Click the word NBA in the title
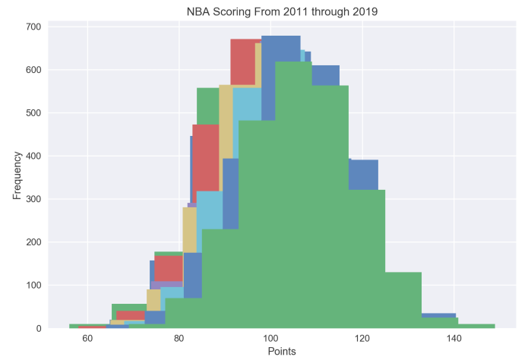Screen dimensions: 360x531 [199, 11]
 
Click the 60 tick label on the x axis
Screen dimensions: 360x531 [87, 338]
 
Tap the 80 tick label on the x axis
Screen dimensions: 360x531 [179, 338]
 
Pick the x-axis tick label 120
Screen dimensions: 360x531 [362, 338]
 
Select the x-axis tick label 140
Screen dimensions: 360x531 [454, 338]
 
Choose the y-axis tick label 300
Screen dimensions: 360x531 [33, 199]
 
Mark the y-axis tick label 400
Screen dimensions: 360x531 [33, 156]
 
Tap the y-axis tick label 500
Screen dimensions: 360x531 [33, 113]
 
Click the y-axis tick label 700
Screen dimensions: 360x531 [33, 27]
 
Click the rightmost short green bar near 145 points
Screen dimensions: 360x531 [476, 326]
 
